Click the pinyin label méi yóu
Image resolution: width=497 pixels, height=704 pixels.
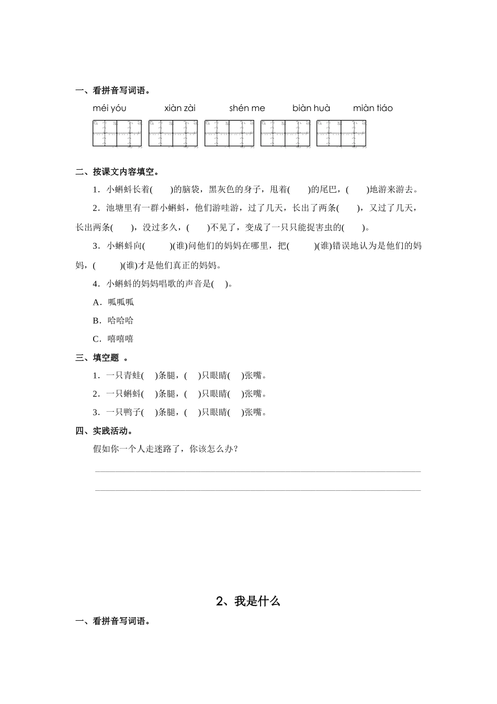pos(109,108)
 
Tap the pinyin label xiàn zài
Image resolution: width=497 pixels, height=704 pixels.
pos(180,108)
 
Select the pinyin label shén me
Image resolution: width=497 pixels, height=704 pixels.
pos(247,108)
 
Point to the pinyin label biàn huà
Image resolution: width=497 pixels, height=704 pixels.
pos(311,108)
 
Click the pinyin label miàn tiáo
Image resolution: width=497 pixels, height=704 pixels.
pos(372,108)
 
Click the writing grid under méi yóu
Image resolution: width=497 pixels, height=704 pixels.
pos(117,133)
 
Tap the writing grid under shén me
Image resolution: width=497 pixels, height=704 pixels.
pos(229,133)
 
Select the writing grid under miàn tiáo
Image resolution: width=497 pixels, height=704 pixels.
pos(341,133)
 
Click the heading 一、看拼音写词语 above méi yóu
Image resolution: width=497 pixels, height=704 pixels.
pos(113,91)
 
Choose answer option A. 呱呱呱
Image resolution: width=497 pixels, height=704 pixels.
pos(114,302)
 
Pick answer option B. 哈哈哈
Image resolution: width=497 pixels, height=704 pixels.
pos(114,321)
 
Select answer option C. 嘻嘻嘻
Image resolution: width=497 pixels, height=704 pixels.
pos(114,339)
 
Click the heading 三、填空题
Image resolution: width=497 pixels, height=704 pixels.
pos(102,358)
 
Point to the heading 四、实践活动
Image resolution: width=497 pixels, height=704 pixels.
pos(104,431)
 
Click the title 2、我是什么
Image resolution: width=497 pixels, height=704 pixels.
pos(249,601)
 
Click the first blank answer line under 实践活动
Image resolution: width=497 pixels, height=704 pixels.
pos(257,471)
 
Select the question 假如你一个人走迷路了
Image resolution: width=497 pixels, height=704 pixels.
pos(166,449)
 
